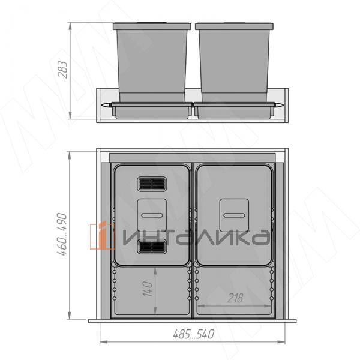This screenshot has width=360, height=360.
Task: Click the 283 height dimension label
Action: click(62, 70)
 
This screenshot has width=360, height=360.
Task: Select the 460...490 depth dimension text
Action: click(62, 234)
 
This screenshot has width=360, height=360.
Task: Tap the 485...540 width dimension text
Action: click(194, 334)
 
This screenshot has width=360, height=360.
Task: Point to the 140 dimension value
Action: click(148, 289)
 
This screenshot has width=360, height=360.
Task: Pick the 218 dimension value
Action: click(235, 298)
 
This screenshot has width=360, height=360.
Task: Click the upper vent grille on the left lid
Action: click(152, 184)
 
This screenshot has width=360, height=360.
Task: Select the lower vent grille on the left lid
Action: click(152, 247)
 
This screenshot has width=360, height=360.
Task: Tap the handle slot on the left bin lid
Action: click(152, 215)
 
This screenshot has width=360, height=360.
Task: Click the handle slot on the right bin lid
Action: click(234, 215)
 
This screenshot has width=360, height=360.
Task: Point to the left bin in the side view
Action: click(152, 62)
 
